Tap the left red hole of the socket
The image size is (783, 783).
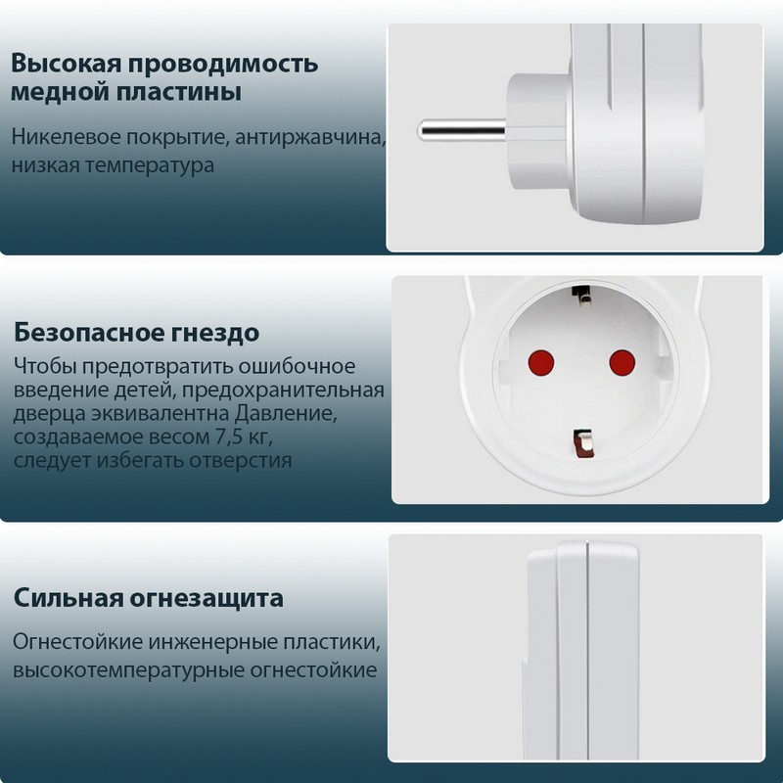(x=541, y=363)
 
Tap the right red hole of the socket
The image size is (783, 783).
(x=622, y=362)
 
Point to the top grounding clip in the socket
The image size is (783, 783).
(x=580, y=295)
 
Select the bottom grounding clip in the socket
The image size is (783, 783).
(x=582, y=443)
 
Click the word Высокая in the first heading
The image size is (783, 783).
(x=67, y=64)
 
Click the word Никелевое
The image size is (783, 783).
(x=66, y=136)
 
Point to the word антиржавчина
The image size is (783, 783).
(x=310, y=137)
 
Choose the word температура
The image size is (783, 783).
(x=150, y=165)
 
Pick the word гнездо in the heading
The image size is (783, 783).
(x=215, y=333)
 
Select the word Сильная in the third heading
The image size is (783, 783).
(x=69, y=597)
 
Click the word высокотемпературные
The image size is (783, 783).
(x=128, y=670)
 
